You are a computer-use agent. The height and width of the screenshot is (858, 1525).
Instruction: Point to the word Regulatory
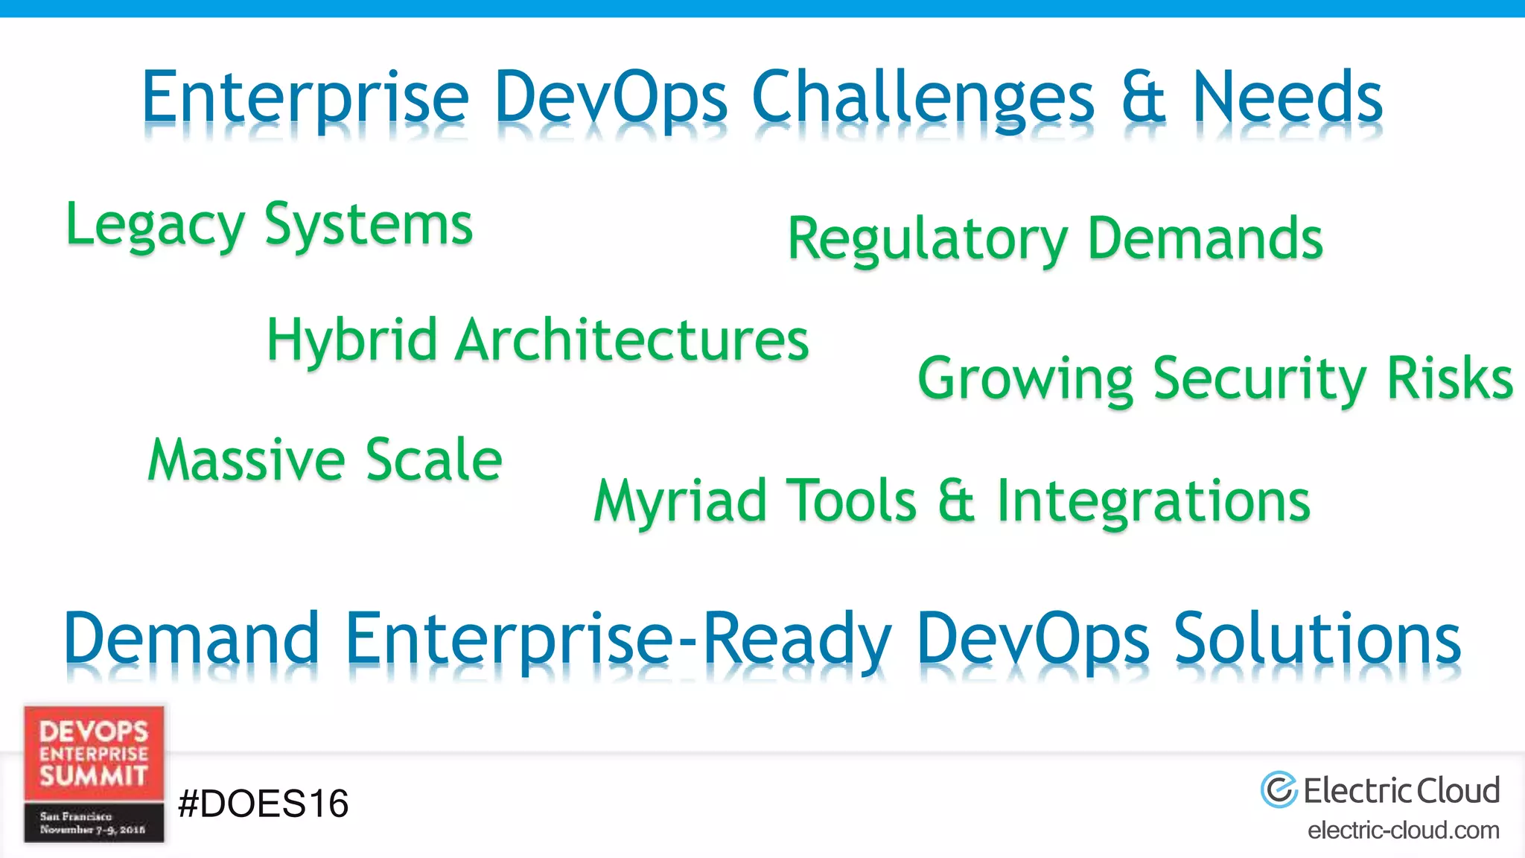tap(927, 240)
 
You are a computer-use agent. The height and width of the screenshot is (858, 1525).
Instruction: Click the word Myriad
tap(681, 501)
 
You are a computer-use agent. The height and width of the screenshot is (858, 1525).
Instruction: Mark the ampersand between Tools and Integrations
tap(956, 501)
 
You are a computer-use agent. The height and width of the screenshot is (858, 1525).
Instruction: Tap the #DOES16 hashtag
tap(263, 804)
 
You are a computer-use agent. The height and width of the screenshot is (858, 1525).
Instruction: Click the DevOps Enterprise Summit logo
tap(94, 752)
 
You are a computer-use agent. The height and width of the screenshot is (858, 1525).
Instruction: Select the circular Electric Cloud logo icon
tap(1279, 789)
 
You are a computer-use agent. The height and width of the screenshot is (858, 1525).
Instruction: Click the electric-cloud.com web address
tap(1403, 830)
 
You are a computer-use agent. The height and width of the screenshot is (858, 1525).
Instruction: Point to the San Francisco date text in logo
tap(92, 823)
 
